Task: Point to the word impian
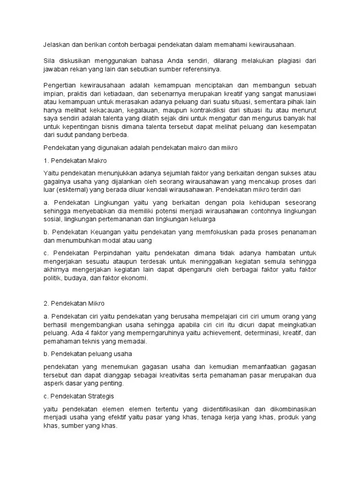pos(53,94)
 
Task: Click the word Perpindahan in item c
pos(107,253)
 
